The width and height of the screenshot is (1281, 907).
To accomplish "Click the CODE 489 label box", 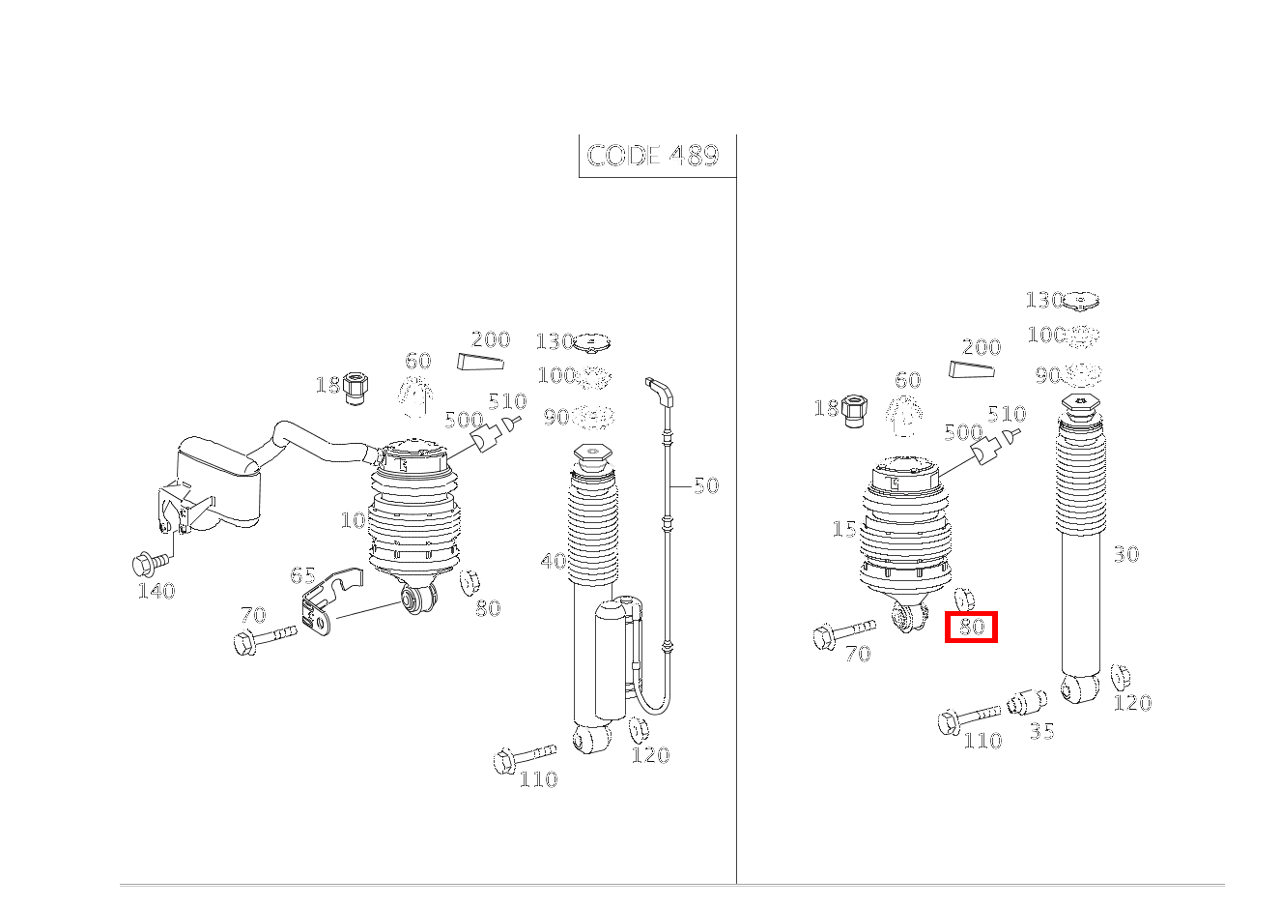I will point(655,156).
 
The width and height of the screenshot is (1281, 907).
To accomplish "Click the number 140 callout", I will point(156,590).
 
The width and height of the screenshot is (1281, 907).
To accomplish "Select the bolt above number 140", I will point(151,560).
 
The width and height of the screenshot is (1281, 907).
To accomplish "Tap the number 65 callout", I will point(302,575).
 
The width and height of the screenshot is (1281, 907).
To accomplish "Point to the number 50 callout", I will point(706,485).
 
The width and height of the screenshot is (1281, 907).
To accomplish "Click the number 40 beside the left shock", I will point(553,561).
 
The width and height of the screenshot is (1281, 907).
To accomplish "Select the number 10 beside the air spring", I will point(353,520).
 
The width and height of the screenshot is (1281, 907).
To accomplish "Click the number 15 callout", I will point(843,529).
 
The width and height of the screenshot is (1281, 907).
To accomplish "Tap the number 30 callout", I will point(1125,554).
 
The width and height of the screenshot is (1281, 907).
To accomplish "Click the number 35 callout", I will point(1041,731).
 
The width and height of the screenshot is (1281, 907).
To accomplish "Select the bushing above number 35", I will point(1027,702).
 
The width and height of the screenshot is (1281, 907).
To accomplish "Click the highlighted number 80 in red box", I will point(971,627).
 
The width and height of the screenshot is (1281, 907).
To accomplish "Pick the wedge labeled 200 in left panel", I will point(481,363).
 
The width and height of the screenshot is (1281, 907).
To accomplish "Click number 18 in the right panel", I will point(826,407).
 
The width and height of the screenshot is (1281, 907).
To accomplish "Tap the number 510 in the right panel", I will point(1006,414).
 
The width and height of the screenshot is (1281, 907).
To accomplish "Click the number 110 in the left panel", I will point(537,778).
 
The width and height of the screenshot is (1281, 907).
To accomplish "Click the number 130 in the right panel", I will point(1043,300).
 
